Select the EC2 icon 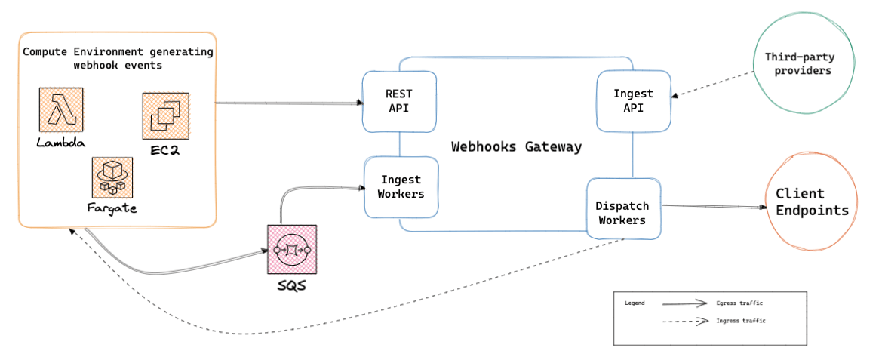coord(165,116)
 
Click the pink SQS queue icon coord(292,249)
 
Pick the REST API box coord(398,101)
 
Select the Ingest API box coord(633,101)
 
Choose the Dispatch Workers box coord(622,213)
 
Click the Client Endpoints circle coord(811,202)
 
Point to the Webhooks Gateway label coord(516,146)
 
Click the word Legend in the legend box coord(635,303)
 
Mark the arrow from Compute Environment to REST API coord(287,103)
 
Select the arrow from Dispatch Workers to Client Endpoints coord(713,206)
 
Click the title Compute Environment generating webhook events coord(118,59)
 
